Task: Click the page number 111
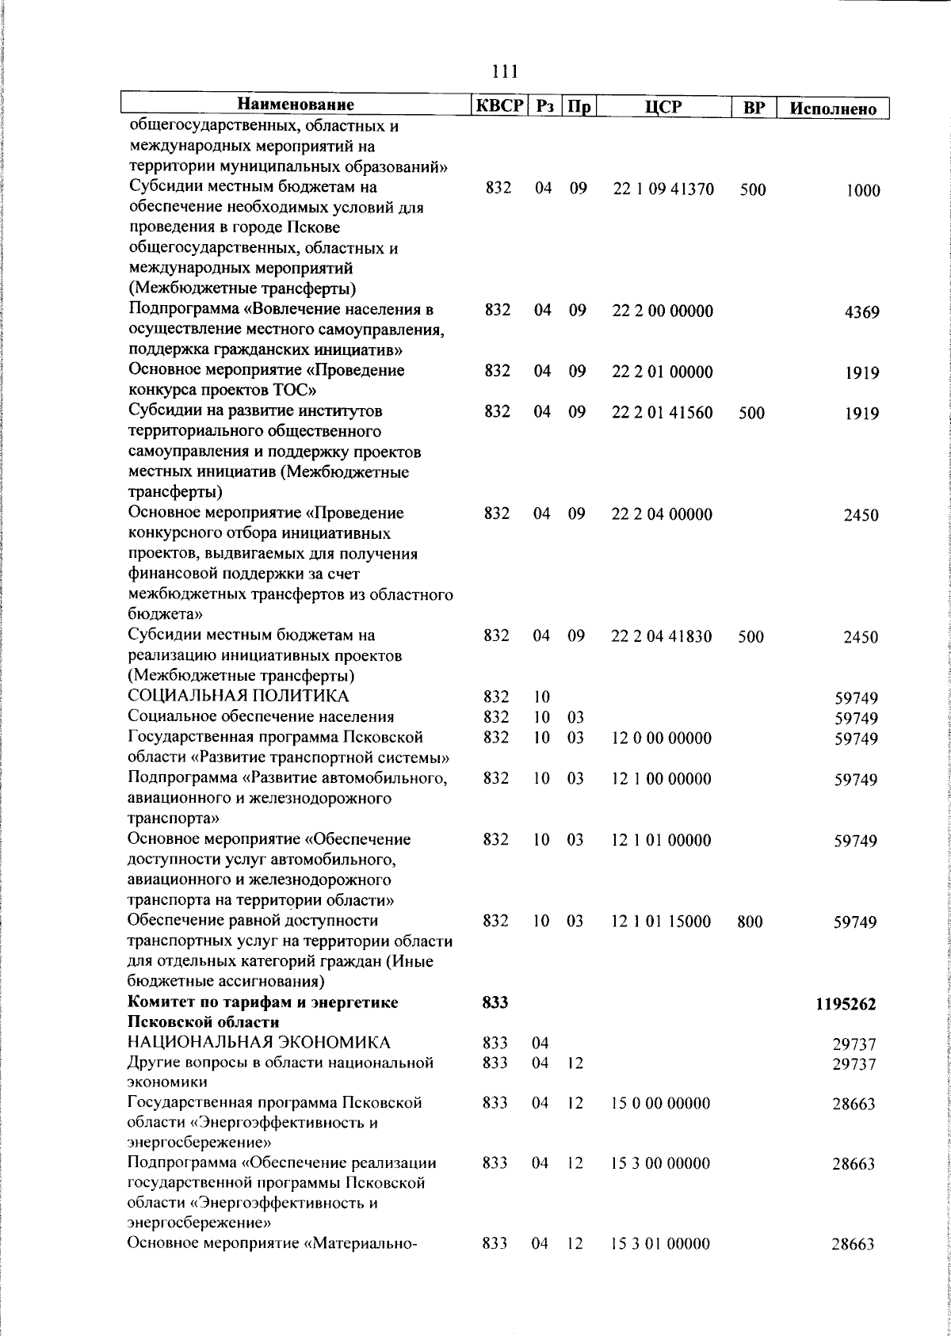[505, 72]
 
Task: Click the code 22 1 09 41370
[663, 190]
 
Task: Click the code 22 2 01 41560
[663, 412]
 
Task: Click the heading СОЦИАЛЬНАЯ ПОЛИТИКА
[239, 697]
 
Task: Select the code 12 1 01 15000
[661, 922]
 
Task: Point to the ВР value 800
[750, 922]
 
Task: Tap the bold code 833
[495, 1003]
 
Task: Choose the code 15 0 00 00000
[661, 1103]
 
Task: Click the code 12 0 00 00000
[662, 739]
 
